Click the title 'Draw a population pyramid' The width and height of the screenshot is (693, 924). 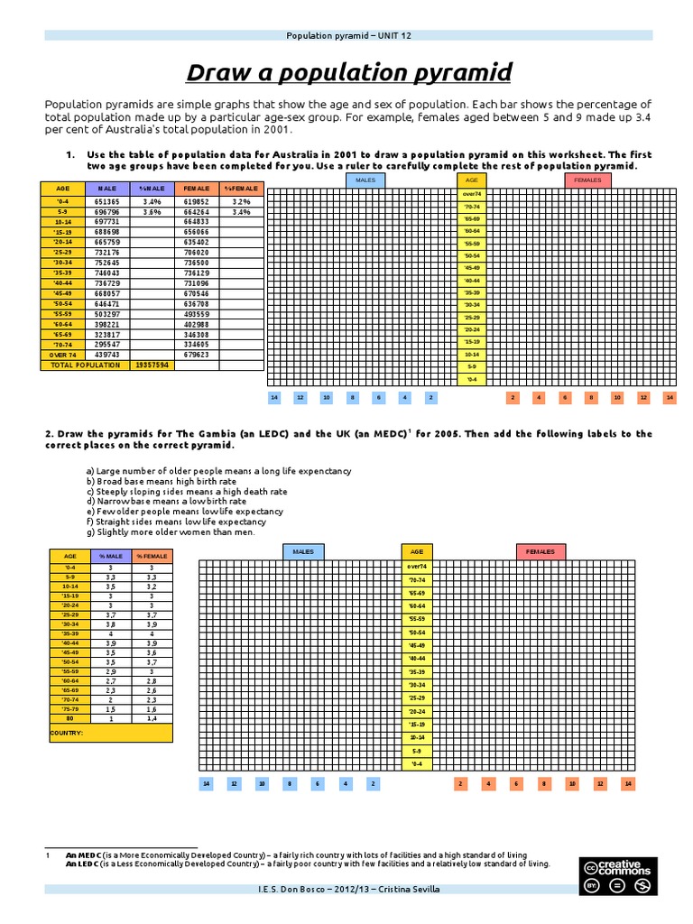pos(348,72)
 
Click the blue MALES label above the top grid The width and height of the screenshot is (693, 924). pos(365,180)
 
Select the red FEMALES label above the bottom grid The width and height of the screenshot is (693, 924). pos(541,550)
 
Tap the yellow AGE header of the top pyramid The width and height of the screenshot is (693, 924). pos(471,180)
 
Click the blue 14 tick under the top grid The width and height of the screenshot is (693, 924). pos(274,397)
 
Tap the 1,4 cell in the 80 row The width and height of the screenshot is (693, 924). pos(152,718)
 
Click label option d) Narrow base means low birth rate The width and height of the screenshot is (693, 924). pos(166,501)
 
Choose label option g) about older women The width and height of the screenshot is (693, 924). pos(171,531)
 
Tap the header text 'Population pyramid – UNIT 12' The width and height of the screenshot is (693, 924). pos(348,35)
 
